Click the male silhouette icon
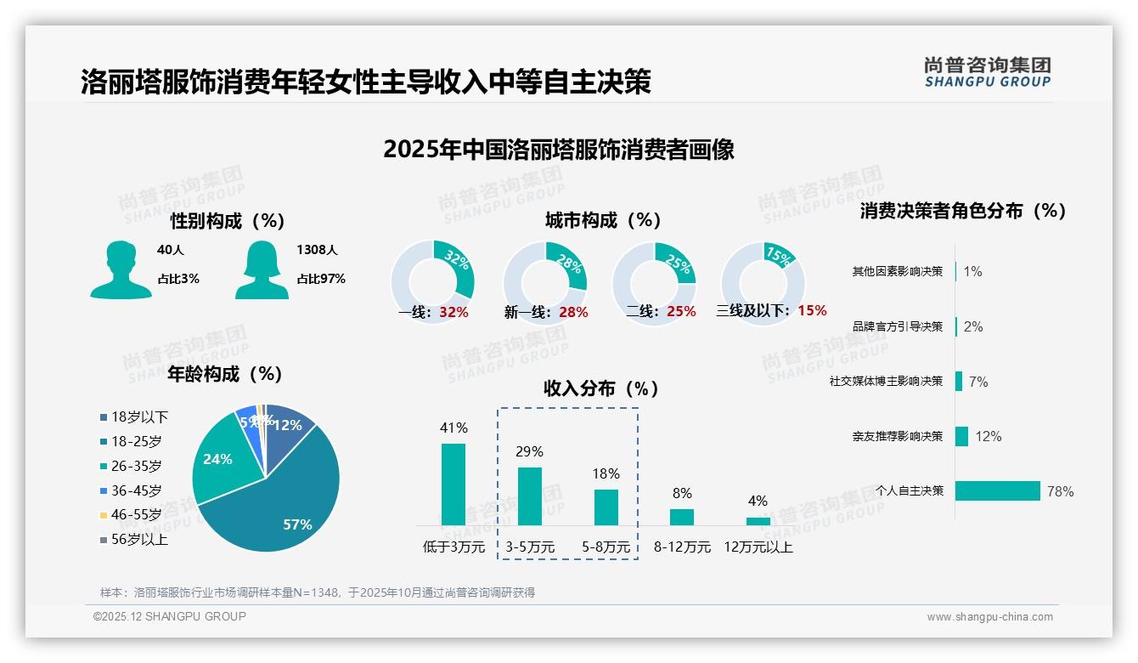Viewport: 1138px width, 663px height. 121,270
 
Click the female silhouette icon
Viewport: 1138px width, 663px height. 262,270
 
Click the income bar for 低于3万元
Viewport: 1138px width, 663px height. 454,484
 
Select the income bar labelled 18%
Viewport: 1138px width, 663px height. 606,507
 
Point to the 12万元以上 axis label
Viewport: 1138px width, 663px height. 758,547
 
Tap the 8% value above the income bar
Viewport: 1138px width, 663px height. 682,493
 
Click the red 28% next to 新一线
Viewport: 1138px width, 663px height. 573,312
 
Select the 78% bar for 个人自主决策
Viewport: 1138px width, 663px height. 998,491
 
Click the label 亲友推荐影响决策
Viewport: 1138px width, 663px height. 898,436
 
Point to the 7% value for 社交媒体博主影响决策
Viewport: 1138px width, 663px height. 978,382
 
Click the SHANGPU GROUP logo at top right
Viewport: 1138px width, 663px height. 988,72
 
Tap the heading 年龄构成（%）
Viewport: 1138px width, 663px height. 225,373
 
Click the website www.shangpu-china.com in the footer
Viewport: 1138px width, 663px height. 989,617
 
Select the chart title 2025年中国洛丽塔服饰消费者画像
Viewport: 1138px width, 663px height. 559,150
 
